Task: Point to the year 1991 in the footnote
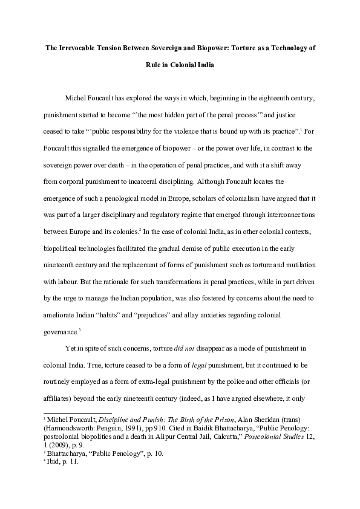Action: point(133,429)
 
